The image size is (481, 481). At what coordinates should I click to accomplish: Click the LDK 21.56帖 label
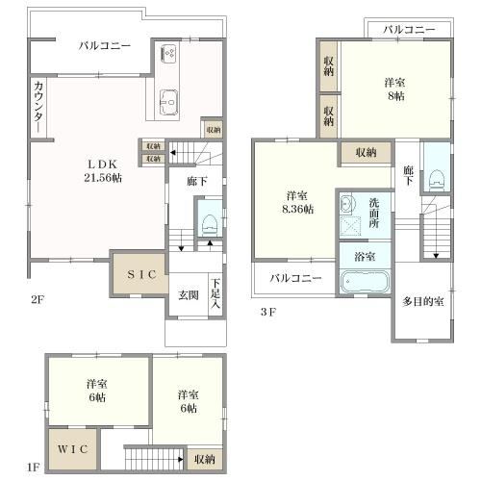(103, 171)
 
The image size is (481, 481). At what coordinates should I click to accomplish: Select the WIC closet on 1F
(73, 449)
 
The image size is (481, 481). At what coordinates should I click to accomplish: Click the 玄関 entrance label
(189, 295)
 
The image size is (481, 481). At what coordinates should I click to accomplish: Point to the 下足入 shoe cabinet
(215, 293)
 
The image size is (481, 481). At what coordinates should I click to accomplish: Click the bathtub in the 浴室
(365, 282)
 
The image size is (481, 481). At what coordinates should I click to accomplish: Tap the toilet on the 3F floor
(436, 180)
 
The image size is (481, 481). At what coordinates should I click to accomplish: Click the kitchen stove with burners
(167, 53)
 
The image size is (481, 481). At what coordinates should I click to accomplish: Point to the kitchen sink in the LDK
(168, 102)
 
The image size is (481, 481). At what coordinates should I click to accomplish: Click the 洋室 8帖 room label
(395, 89)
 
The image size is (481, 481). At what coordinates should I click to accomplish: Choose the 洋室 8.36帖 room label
(297, 202)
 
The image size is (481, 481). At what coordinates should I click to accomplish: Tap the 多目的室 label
(423, 301)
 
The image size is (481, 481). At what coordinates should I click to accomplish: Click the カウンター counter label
(38, 107)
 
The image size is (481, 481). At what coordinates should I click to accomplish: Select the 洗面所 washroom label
(374, 213)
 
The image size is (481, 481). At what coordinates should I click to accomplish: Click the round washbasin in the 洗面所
(345, 203)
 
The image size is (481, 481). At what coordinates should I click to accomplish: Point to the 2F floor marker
(38, 299)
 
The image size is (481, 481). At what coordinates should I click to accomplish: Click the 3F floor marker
(268, 312)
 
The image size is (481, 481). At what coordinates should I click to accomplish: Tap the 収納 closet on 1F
(205, 460)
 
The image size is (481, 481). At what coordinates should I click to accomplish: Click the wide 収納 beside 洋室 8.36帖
(366, 153)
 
